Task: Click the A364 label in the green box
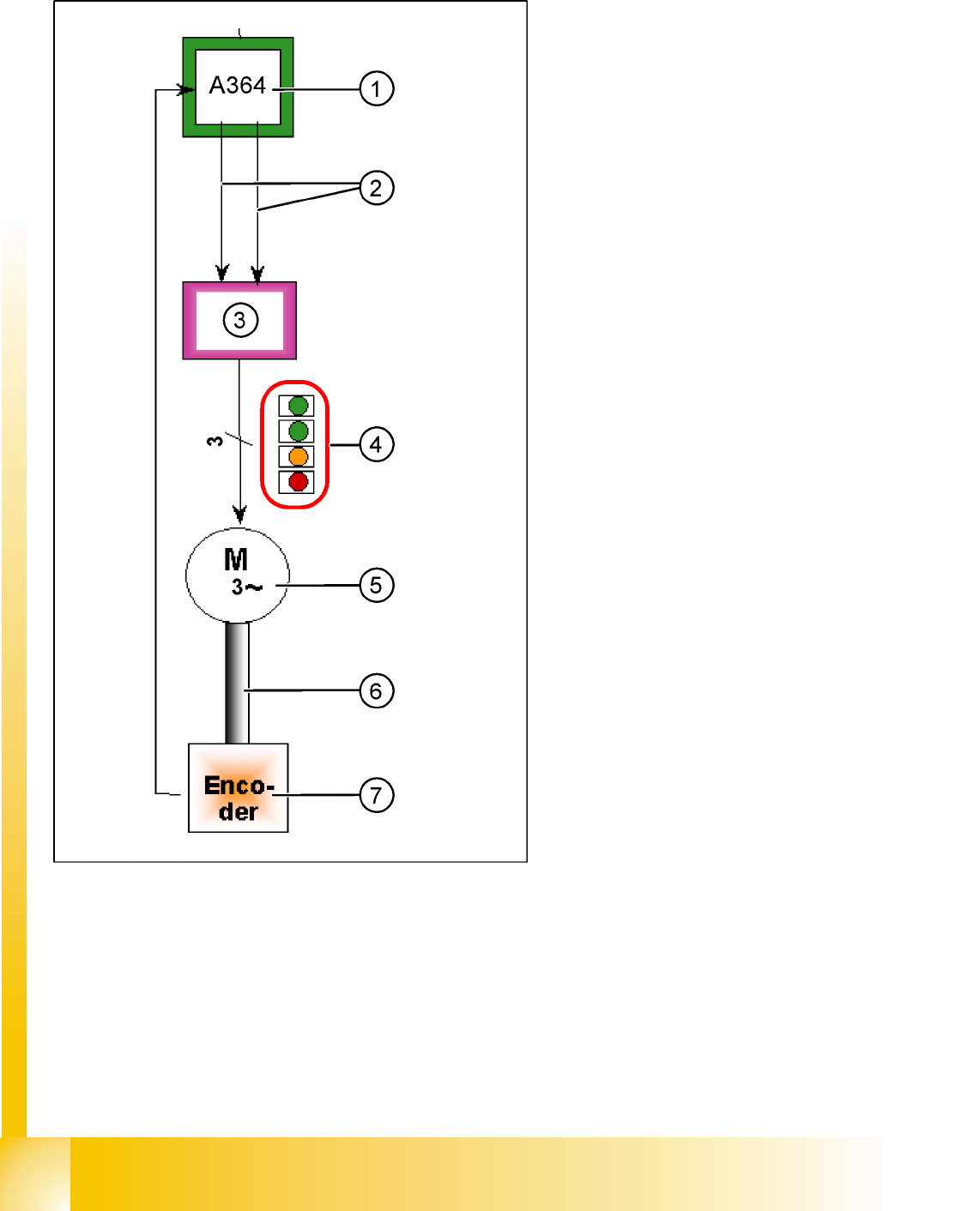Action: tap(238, 86)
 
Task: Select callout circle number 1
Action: tap(376, 89)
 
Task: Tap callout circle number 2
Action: tap(376, 188)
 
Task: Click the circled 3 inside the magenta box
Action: tap(240, 320)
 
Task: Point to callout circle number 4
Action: tap(376, 444)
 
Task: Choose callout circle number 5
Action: tap(376, 586)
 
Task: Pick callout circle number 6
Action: tap(376, 690)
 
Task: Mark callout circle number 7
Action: tap(376, 795)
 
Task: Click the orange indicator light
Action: tap(298, 456)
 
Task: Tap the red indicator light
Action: tap(298, 481)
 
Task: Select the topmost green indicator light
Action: tap(298, 405)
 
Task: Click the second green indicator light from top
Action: tap(298, 431)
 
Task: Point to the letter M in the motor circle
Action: tap(236, 560)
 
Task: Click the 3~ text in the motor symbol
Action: tap(245, 587)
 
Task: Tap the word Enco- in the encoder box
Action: tap(239, 786)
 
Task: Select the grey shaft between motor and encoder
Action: tap(237, 683)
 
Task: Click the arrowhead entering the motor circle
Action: tap(240, 515)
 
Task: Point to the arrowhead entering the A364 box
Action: tap(185, 90)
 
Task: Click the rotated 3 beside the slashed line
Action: tap(215, 441)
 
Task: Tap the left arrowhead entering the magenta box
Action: tap(222, 274)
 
